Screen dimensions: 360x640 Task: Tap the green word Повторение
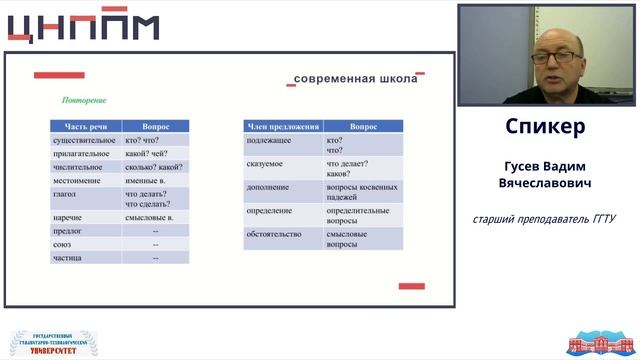(84, 100)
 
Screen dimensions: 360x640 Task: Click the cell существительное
(85, 141)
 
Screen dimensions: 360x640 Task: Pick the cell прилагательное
(83, 154)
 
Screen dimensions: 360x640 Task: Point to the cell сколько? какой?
(154, 167)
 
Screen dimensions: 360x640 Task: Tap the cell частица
(67, 257)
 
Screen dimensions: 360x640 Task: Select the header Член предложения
(282, 127)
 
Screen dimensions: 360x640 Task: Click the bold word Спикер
(545, 127)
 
